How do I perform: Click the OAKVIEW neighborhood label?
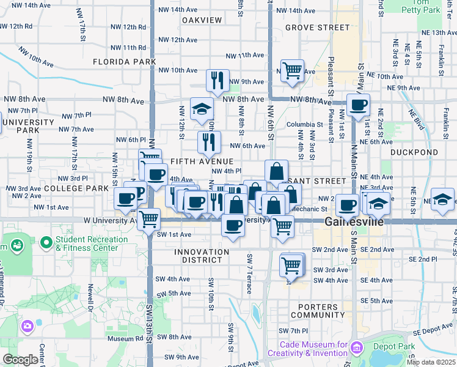pyautogui.click(x=202, y=20)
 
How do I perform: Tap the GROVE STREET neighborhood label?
pyautogui.click(x=318, y=28)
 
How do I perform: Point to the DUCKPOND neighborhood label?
pyautogui.click(x=414, y=152)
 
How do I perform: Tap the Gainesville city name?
pyautogui.click(x=354, y=221)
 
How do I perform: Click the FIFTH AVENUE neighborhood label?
pyautogui.click(x=202, y=160)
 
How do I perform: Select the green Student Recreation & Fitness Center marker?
pyautogui.click(x=46, y=243)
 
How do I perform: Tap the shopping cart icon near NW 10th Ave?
pyautogui.click(x=293, y=70)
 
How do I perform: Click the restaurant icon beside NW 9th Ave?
pyautogui.click(x=218, y=80)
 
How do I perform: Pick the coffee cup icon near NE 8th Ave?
pyautogui.click(x=358, y=105)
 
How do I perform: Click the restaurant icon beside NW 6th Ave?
pyautogui.click(x=209, y=142)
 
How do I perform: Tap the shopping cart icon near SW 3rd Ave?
pyautogui.click(x=291, y=265)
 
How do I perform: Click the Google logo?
pyautogui.click(x=20, y=360)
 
